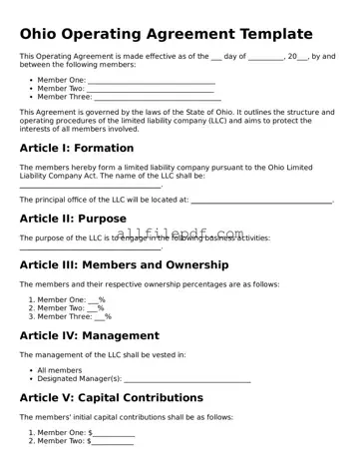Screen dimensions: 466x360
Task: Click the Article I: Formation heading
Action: pos(76,147)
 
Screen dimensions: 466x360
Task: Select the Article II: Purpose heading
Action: pos(73,218)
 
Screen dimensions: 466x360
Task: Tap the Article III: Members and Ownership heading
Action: pos(124,265)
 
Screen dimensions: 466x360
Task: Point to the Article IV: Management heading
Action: pos(89,336)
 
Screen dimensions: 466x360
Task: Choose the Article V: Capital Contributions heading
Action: pos(111,398)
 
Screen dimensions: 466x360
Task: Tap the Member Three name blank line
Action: pos(156,98)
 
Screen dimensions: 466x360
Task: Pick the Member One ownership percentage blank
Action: pos(93,299)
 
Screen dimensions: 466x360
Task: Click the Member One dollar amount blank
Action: pos(114,432)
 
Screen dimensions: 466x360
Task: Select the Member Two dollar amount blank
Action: pos(114,441)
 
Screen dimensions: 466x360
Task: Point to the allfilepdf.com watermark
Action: pos(180,234)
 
